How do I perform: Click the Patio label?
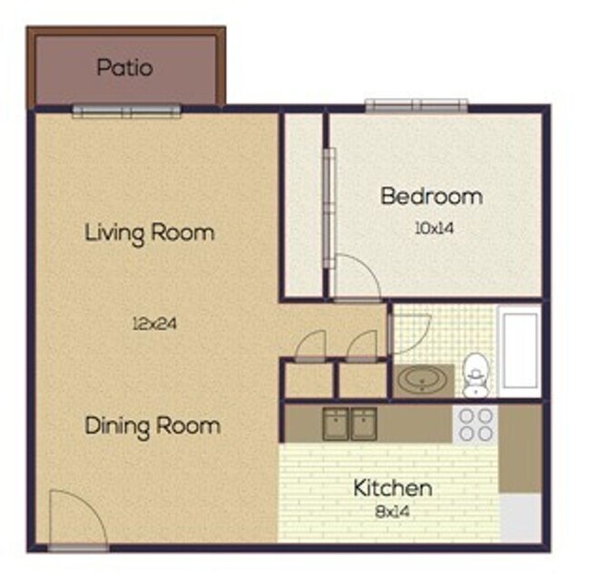click(124, 67)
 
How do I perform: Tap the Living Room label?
click(150, 232)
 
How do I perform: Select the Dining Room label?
click(152, 425)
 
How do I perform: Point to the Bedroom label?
click(431, 196)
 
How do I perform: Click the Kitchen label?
click(392, 489)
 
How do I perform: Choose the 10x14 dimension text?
click(433, 229)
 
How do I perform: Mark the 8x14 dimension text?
click(392, 511)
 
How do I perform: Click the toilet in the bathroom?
click(475, 376)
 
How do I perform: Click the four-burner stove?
click(475, 424)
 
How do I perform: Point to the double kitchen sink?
click(351, 424)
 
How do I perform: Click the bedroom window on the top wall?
click(417, 106)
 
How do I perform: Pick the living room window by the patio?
click(126, 112)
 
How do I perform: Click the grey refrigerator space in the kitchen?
click(521, 518)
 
